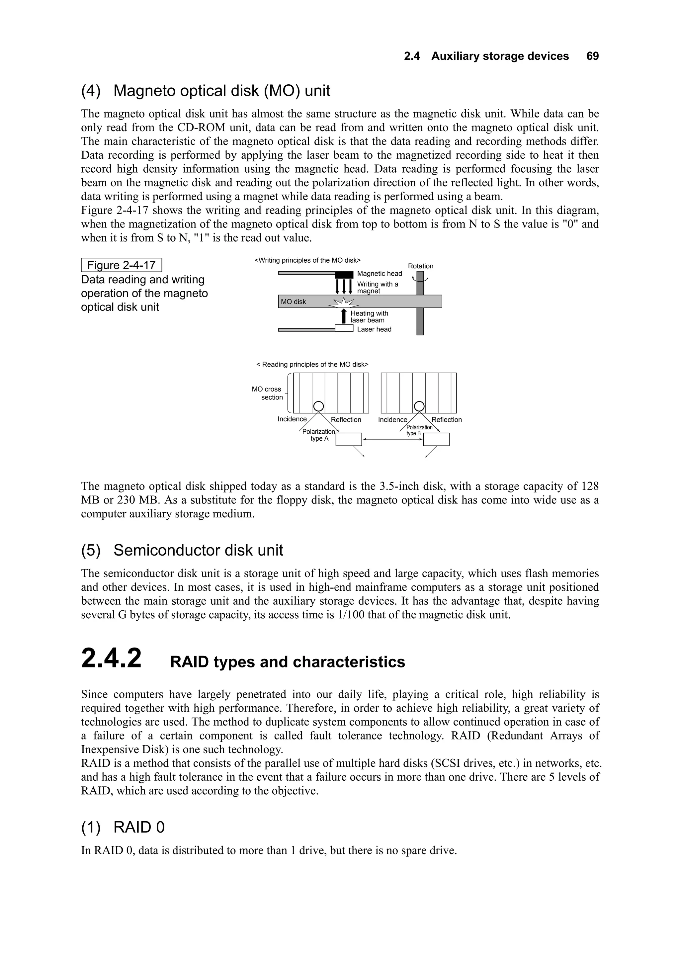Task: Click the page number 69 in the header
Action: point(592,56)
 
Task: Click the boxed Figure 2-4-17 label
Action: point(121,265)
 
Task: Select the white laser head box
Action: point(344,328)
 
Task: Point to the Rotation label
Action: point(420,266)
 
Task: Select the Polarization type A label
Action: point(319,435)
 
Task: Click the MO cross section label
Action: point(267,393)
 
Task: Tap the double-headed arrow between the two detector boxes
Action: point(392,439)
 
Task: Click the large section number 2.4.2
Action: point(112,658)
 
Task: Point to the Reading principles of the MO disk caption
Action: point(312,365)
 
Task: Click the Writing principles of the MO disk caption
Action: point(307,260)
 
